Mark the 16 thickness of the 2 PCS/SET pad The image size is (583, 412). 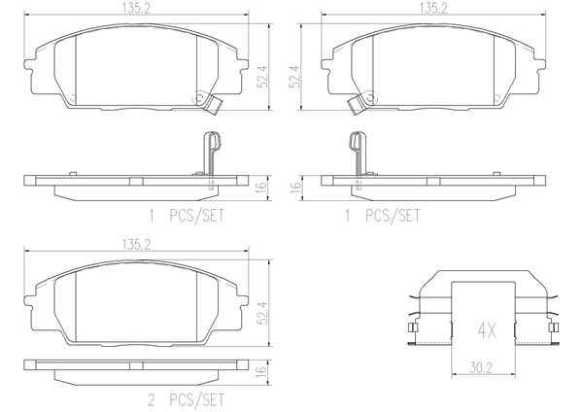click(x=260, y=372)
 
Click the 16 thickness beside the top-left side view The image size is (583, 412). click(x=260, y=187)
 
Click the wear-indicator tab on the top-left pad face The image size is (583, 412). click(x=204, y=100)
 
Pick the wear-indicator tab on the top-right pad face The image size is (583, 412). click(x=357, y=100)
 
